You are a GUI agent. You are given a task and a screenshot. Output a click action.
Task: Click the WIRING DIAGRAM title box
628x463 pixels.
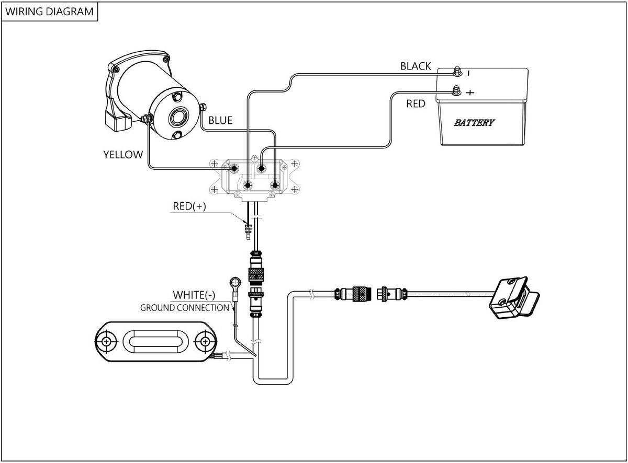50,11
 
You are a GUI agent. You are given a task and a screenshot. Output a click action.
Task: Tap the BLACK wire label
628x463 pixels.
416,66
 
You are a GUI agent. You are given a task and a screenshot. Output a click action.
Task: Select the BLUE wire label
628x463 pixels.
220,121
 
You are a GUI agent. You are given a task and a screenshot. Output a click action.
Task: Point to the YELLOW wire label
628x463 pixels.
123,155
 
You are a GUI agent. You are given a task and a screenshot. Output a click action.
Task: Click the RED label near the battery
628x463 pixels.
416,104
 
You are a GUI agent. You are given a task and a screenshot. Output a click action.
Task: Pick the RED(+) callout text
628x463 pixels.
189,206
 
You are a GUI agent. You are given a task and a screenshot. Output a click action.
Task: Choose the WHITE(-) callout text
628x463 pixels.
194,295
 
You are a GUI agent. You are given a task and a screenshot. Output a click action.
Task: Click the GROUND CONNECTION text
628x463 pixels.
185,308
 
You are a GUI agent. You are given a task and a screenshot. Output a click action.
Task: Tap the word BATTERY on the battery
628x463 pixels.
474,123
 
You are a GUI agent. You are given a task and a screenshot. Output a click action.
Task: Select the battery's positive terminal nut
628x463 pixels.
456,90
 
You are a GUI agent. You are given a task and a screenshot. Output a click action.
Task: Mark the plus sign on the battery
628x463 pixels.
470,92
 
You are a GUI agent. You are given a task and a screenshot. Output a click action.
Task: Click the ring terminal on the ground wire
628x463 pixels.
235,282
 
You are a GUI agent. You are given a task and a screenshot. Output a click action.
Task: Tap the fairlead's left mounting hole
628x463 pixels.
106,342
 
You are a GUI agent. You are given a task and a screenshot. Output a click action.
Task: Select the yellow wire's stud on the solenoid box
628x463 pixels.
234,169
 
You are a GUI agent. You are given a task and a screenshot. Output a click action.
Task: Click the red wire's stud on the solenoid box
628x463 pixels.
261,169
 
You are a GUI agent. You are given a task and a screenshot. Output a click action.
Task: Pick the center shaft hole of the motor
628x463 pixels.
178,117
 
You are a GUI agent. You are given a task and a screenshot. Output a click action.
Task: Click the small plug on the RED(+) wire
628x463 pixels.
248,231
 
